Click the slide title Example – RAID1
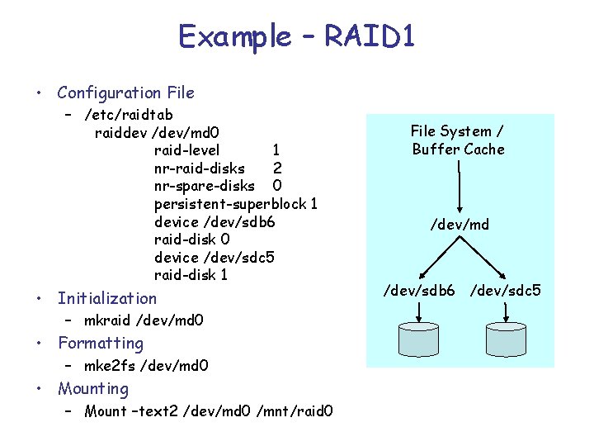296,37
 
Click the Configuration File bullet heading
125,93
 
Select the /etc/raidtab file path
129,114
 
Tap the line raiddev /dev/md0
156,132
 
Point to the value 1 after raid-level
276,150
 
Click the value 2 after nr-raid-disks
277,168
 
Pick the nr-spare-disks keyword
204,186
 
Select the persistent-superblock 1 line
235,204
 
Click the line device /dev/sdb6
214,221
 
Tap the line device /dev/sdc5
214,258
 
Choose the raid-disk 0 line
191,240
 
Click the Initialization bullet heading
106,298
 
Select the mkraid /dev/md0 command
144,320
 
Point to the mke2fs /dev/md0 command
146,364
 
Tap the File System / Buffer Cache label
459,140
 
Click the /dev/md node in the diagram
460,224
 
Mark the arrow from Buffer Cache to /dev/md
459,186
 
